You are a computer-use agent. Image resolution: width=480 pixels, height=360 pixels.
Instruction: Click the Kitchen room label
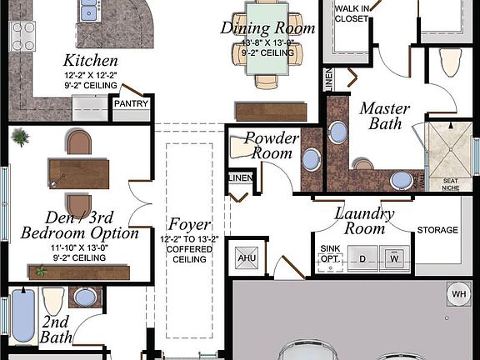pyautogui.click(x=91, y=61)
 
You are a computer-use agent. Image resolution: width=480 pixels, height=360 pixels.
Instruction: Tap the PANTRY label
pyautogui.click(x=132, y=104)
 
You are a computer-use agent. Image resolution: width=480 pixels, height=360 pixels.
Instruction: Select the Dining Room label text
pyautogui.click(x=268, y=28)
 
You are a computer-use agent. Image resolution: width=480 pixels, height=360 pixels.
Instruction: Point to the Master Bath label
pyautogui.click(x=382, y=116)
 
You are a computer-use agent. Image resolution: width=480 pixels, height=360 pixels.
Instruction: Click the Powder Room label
pyautogui.click(x=268, y=146)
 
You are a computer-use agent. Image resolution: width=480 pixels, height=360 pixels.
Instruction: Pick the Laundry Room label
pyautogui.click(x=364, y=220)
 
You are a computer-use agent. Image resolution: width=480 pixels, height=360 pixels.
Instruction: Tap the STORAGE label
pyautogui.click(x=437, y=230)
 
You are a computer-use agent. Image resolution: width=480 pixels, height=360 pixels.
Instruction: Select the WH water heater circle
pyautogui.click(x=459, y=293)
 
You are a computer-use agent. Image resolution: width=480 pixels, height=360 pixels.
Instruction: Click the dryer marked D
pyautogui.click(x=362, y=258)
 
